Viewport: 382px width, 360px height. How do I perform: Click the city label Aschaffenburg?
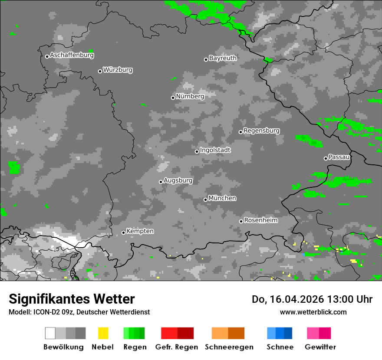72,56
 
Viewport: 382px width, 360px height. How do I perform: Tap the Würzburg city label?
118,70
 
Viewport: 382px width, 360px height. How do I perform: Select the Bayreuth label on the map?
223,58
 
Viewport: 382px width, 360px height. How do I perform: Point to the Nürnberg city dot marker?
173,98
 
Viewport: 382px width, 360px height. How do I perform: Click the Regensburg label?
261,131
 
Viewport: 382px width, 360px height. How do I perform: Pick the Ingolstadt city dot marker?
197,151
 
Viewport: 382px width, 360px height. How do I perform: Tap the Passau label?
339,157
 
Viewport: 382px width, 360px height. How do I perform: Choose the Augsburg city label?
178,180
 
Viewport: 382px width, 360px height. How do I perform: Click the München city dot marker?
205,200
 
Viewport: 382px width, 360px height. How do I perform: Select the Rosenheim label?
260,220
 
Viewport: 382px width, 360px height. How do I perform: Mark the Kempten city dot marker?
123,232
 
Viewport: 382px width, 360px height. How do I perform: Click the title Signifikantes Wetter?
72,299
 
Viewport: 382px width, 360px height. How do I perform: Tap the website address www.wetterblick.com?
313,312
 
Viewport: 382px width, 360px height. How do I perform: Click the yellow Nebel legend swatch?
103,333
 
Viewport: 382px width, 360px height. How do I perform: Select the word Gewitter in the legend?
320,347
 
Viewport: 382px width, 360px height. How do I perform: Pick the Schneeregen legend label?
229,347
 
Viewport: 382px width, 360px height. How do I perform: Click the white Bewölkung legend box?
50,333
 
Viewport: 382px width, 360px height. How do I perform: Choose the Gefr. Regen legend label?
176,347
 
